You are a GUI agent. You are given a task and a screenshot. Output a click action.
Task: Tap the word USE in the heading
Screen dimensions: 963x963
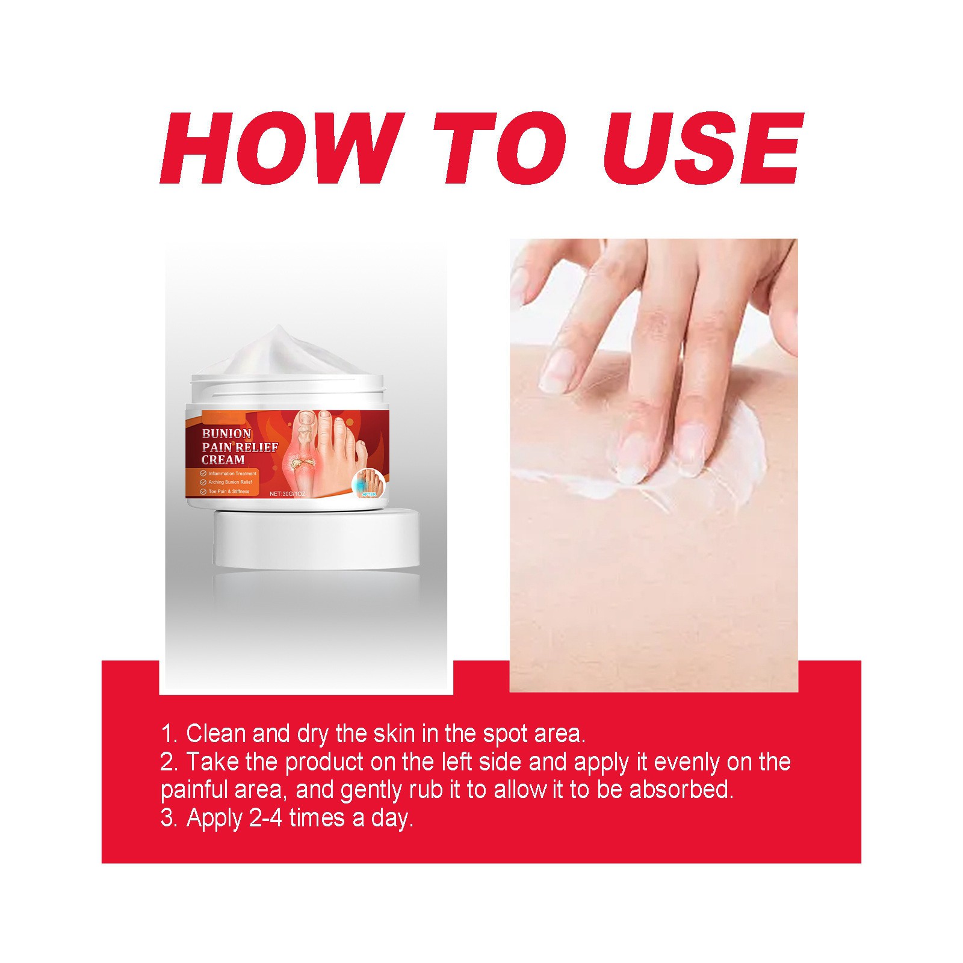click(x=704, y=148)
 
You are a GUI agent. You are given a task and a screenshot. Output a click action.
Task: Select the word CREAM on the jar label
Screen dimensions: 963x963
click(x=223, y=460)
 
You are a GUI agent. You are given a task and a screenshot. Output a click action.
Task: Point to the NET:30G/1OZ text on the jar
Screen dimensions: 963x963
click(x=288, y=494)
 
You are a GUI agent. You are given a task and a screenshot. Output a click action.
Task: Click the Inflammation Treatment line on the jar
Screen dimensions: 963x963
click(x=232, y=474)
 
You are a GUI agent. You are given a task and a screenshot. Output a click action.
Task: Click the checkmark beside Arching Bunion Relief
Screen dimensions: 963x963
click(x=203, y=483)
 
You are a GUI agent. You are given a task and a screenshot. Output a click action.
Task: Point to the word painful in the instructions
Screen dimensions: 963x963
click(x=194, y=790)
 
